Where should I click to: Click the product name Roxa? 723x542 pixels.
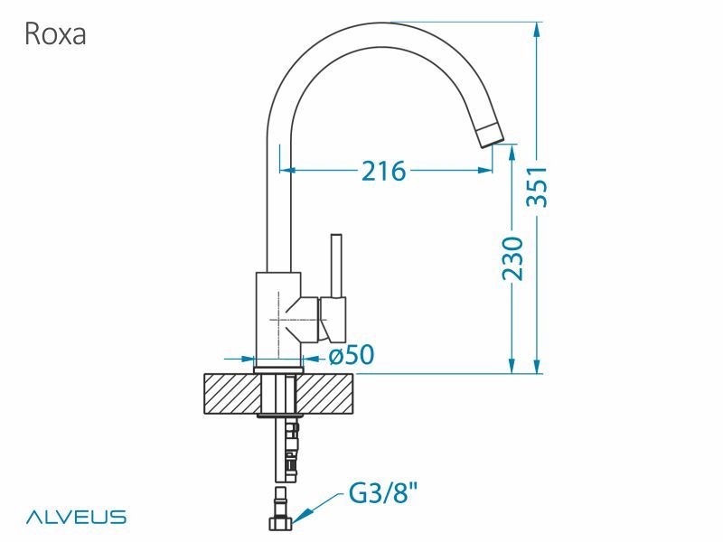coord(55,34)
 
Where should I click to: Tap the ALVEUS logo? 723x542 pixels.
coord(77,518)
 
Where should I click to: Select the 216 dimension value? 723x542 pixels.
coord(383,170)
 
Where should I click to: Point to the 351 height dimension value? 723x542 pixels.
coord(538,187)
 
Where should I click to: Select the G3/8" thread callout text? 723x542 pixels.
coord(382,494)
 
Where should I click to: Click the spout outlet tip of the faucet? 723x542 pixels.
coord(488,135)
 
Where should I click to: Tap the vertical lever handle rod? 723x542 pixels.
coord(336,266)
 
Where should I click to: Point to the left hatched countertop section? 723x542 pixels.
coord(230,394)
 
